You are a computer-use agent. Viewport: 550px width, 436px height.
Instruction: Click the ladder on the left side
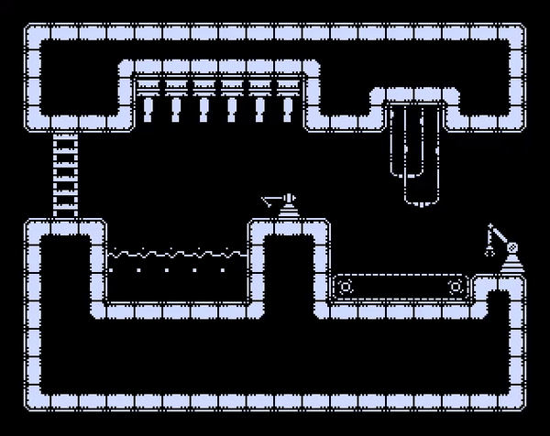click(67, 174)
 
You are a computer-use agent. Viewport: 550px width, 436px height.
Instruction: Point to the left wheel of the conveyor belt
click(346, 288)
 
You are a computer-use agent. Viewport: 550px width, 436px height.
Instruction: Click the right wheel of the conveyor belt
click(456, 288)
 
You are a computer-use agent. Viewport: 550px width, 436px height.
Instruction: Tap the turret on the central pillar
click(286, 203)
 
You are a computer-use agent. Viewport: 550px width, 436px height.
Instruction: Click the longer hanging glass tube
click(423, 156)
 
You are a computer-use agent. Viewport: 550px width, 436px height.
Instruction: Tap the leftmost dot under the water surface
click(113, 270)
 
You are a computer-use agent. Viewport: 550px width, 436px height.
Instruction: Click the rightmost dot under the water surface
click(221, 270)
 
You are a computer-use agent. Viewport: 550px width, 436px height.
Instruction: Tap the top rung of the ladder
click(67, 137)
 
